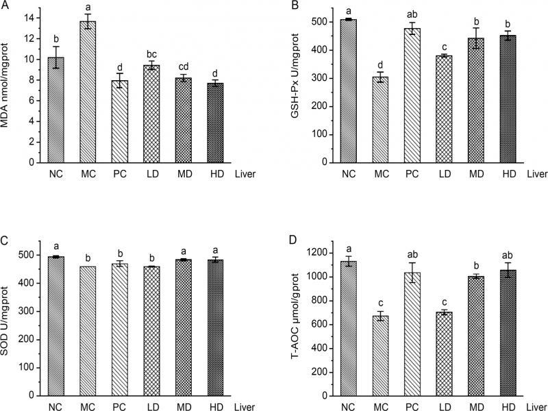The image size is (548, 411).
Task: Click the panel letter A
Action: click(x=6, y=6)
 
